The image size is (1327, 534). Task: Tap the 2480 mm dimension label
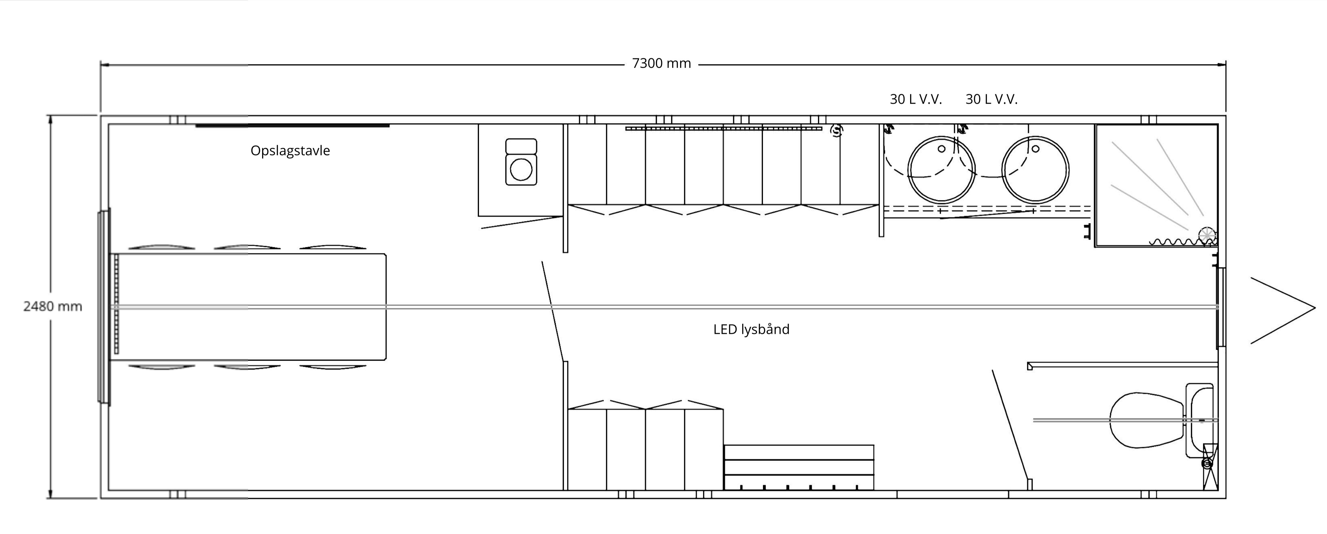point(53,306)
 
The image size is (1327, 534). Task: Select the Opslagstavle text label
point(290,150)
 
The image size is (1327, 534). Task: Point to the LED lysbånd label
point(751,329)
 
